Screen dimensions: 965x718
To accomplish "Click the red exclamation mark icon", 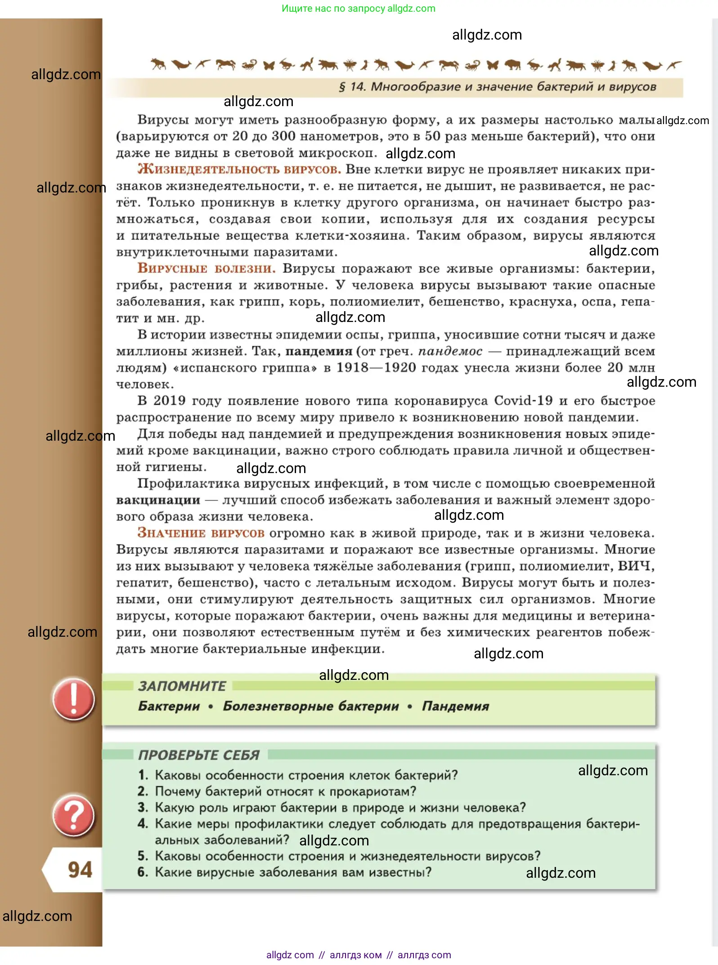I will click(73, 700).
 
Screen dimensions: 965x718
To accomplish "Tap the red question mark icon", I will click(73, 816).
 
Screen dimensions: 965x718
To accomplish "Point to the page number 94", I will click(80, 870).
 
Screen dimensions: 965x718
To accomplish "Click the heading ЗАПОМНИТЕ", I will click(182, 686).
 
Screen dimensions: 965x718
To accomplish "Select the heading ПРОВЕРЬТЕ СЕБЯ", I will click(199, 755).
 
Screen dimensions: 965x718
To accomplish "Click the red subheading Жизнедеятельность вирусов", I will click(239, 170).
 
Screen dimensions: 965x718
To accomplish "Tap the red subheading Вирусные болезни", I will click(206, 268).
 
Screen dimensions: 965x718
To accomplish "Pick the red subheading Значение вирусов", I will click(201, 533).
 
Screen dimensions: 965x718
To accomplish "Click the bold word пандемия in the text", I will click(319, 351).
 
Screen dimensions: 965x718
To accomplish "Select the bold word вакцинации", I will click(158, 500).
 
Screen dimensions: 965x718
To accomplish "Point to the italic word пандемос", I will click(450, 351).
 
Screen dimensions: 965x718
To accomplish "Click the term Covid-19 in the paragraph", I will click(523, 401).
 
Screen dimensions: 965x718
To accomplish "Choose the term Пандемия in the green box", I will click(455, 706).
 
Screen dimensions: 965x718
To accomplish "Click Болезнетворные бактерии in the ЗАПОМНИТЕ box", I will click(311, 706).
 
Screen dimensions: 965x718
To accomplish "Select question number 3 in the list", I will click(143, 808).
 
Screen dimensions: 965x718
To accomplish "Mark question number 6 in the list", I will click(143, 872).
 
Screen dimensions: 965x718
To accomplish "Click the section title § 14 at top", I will click(497, 87).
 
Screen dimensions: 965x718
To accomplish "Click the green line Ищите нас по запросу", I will click(358, 9).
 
